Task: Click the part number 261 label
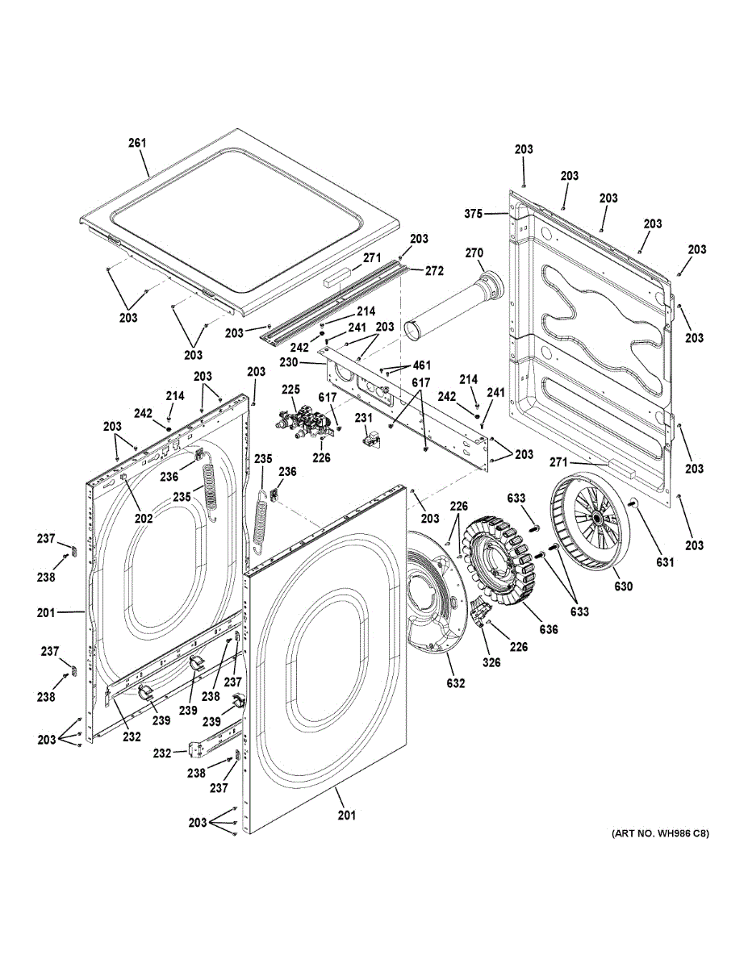coord(137,143)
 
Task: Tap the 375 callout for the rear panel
coord(473,214)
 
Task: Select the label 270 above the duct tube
coord(474,253)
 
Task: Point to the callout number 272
coord(434,270)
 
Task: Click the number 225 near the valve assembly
coord(291,389)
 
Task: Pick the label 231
coord(364,417)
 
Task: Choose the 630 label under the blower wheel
coord(623,586)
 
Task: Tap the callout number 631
coord(665,562)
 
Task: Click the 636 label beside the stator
coord(549,629)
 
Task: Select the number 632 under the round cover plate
coord(456,683)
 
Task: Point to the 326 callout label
coord(491,662)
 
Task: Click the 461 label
coord(421,365)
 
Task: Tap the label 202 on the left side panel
coord(144,518)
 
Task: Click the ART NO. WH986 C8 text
coord(660,833)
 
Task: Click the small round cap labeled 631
coord(634,504)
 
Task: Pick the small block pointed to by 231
coord(370,440)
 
